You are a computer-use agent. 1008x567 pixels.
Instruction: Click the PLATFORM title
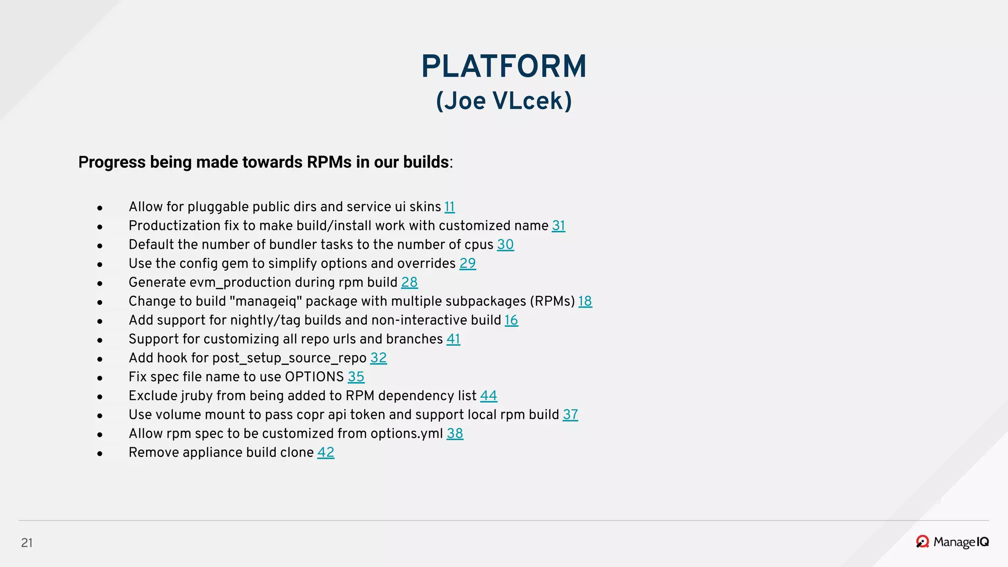click(x=504, y=66)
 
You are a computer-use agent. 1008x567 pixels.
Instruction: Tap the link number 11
click(x=449, y=207)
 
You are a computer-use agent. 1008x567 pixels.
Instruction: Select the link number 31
click(x=558, y=225)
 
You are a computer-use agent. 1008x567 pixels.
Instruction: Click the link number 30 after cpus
click(x=505, y=245)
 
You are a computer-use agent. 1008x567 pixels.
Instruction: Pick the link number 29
click(x=467, y=263)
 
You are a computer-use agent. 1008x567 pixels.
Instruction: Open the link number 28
click(x=409, y=283)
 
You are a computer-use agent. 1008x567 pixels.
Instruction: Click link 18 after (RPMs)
click(x=585, y=301)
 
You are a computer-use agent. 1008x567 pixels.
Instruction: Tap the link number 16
click(x=511, y=320)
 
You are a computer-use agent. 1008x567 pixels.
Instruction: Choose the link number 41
click(x=453, y=339)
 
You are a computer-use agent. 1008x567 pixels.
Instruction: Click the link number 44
click(x=488, y=396)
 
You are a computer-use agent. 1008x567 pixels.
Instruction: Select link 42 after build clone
click(x=325, y=452)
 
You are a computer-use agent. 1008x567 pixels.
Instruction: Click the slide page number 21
click(x=27, y=542)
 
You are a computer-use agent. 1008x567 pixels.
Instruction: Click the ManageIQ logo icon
click(x=922, y=541)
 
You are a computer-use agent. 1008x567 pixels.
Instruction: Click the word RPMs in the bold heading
click(x=329, y=162)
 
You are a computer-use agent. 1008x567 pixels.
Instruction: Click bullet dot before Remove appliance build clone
click(x=100, y=453)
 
